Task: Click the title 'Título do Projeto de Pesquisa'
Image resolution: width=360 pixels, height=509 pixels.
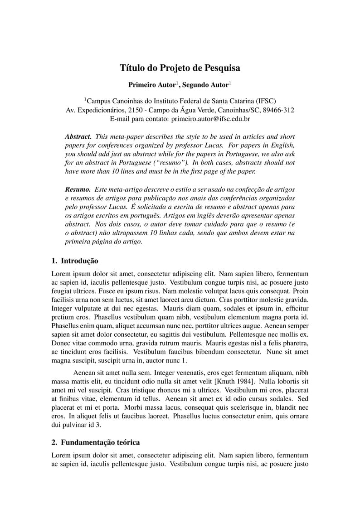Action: (x=180, y=68)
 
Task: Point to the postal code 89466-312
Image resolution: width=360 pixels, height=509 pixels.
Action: (x=278, y=110)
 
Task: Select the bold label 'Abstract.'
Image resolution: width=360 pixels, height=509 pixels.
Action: (x=78, y=136)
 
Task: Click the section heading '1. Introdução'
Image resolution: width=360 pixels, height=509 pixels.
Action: (x=75, y=261)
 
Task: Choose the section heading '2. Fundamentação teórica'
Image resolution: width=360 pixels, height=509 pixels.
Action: (x=96, y=442)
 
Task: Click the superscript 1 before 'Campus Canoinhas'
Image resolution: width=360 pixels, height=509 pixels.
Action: (x=85, y=99)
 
